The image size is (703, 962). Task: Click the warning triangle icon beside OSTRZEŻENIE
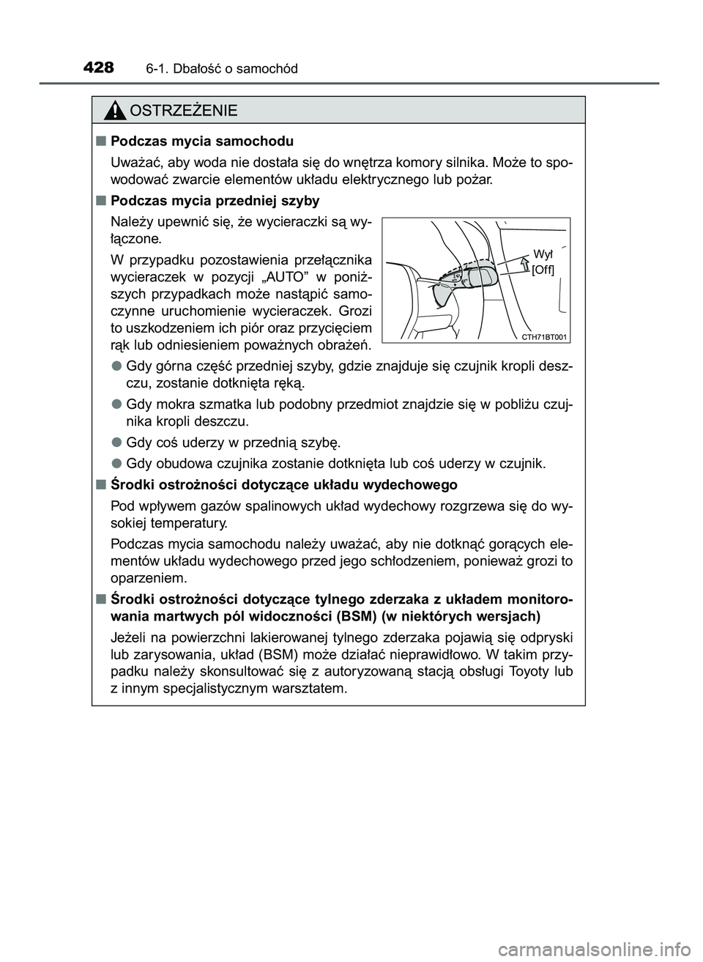[115, 111]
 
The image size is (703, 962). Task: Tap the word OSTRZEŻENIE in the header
[182, 111]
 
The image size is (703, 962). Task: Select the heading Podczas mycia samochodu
[202, 141]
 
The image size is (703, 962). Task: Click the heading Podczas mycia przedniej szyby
[215, 200]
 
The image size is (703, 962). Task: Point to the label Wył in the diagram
[543, 254]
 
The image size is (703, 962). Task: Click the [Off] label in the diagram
[543, 270]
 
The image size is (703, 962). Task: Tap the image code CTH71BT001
[546, 336]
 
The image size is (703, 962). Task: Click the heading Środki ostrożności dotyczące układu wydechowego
[284, 484]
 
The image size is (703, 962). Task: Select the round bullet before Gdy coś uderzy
[116, 442]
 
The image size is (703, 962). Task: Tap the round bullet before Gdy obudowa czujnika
[116, 462]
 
